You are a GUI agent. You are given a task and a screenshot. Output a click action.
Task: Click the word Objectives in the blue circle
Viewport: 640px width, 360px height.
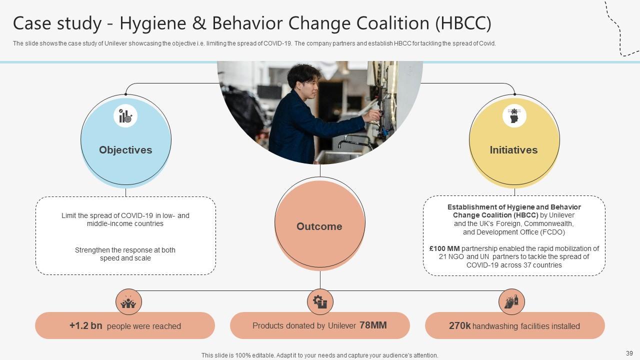125,150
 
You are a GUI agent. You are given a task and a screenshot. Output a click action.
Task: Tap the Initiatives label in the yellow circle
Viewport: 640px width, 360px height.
513,150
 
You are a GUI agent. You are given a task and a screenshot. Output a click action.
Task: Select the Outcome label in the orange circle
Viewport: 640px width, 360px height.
319,226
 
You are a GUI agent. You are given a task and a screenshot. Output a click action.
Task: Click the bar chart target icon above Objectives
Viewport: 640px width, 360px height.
125,116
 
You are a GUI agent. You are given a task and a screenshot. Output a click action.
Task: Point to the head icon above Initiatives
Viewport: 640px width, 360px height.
514,116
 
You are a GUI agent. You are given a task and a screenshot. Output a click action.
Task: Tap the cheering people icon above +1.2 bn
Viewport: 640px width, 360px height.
128,302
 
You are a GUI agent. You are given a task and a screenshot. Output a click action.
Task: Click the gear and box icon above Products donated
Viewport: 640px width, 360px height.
320,302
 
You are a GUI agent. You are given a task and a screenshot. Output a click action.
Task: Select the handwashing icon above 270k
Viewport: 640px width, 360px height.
511,302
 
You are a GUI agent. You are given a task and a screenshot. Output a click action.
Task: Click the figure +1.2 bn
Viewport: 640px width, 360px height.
86,326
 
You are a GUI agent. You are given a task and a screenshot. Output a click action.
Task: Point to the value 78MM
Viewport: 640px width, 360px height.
373,325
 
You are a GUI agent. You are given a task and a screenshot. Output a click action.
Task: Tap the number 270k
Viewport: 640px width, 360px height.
459,326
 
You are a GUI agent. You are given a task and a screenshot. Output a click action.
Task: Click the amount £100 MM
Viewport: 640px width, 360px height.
444,248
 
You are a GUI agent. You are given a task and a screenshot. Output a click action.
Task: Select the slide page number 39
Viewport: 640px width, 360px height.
629,353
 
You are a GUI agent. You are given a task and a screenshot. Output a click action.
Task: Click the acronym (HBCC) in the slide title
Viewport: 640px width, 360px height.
463,23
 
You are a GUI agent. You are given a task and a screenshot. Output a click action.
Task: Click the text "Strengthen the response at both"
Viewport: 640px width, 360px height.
125,250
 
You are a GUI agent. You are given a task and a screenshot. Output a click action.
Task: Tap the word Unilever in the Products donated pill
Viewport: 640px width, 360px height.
342,326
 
